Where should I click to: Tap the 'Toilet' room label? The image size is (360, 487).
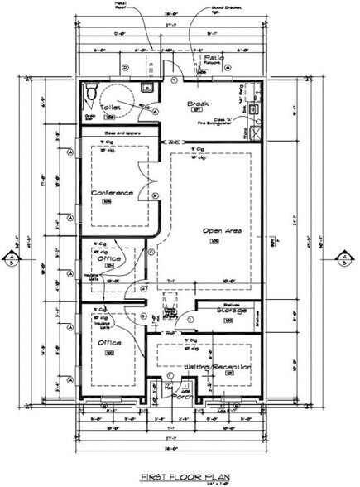[111, 108]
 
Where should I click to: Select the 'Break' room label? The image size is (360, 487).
[196, 104]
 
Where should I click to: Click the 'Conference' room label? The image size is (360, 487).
[112, 193]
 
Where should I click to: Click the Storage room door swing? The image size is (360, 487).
[190, 319]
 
